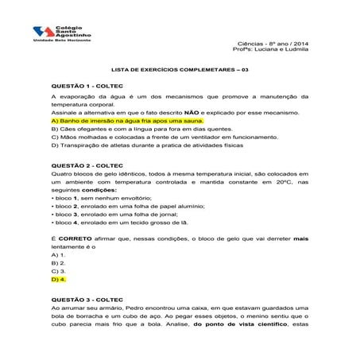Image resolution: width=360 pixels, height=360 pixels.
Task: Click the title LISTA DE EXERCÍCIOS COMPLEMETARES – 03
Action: (x=179, y=68)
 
